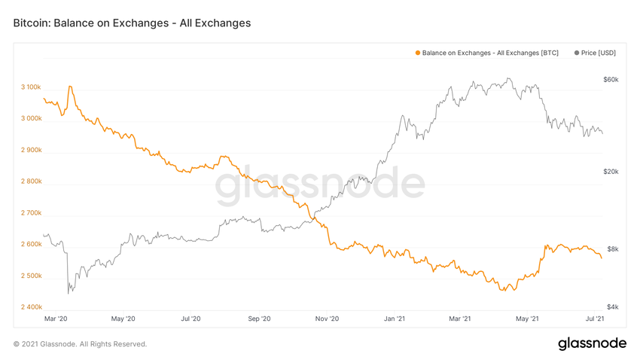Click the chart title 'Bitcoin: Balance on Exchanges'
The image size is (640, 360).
click(x=132, y=23)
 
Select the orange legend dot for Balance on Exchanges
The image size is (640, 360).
click(x=418, y=53)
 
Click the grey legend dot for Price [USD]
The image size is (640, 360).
click(x=577, y=53)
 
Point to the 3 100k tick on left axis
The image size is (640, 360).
click(x=31, y=87)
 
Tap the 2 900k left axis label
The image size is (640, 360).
click(x=31, y=151)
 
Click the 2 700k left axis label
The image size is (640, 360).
click(x=31, y=213)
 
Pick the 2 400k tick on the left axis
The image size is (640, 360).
click(x=31, y=307)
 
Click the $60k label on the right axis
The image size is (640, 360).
click(x=611, y=80)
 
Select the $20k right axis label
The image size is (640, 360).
click(x=611, y=172)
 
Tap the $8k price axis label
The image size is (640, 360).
click(x=612, y=249)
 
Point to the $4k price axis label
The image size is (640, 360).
click(x=612, y=307)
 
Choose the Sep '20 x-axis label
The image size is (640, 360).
click(x=259, y=319)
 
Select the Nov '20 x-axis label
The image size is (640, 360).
click(x=327, y=319)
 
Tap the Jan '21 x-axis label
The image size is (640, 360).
click(x=395, y=319)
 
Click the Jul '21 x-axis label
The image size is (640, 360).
click(x=595, y=319)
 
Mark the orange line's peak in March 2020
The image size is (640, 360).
click(x=70, y=87)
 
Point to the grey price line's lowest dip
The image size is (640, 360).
click(x=69, y=292)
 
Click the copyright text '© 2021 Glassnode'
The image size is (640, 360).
click(x=80, y=344)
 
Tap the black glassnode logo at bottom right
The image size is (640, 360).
click(x=592, y=343)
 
